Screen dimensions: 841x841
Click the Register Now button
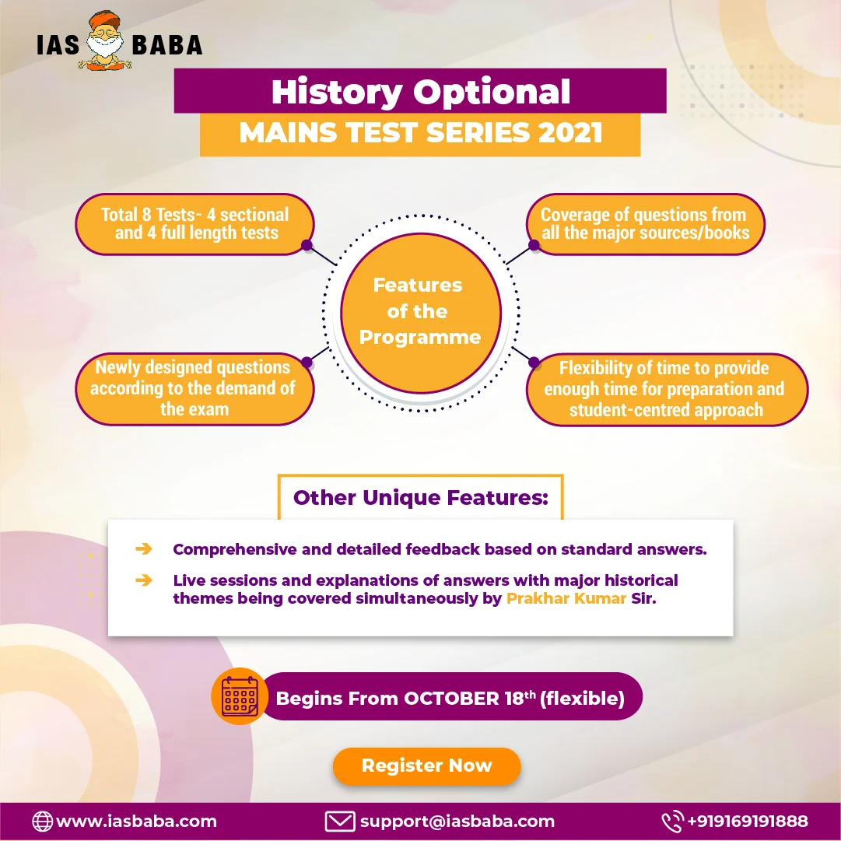426,766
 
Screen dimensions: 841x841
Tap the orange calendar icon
240,696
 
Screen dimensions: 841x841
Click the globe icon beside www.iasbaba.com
42,821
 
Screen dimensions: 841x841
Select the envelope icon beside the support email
339,821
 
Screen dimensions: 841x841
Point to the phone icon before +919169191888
672,821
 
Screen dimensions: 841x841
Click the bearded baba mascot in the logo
105,40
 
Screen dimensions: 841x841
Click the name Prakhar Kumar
566,598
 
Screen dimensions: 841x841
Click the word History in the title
337,92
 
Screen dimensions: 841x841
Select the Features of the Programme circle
420,313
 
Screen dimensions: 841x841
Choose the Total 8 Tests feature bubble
194,223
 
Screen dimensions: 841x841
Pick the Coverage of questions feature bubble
645,223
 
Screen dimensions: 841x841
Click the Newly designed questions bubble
194,389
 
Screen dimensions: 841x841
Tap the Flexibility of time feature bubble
667,390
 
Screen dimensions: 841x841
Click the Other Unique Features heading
420,498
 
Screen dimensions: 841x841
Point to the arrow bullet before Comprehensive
144,548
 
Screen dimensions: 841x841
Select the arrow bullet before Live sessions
144,580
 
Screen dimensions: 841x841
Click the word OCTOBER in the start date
451,699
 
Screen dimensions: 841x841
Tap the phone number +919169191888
748,821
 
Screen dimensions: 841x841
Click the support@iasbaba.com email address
457,822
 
